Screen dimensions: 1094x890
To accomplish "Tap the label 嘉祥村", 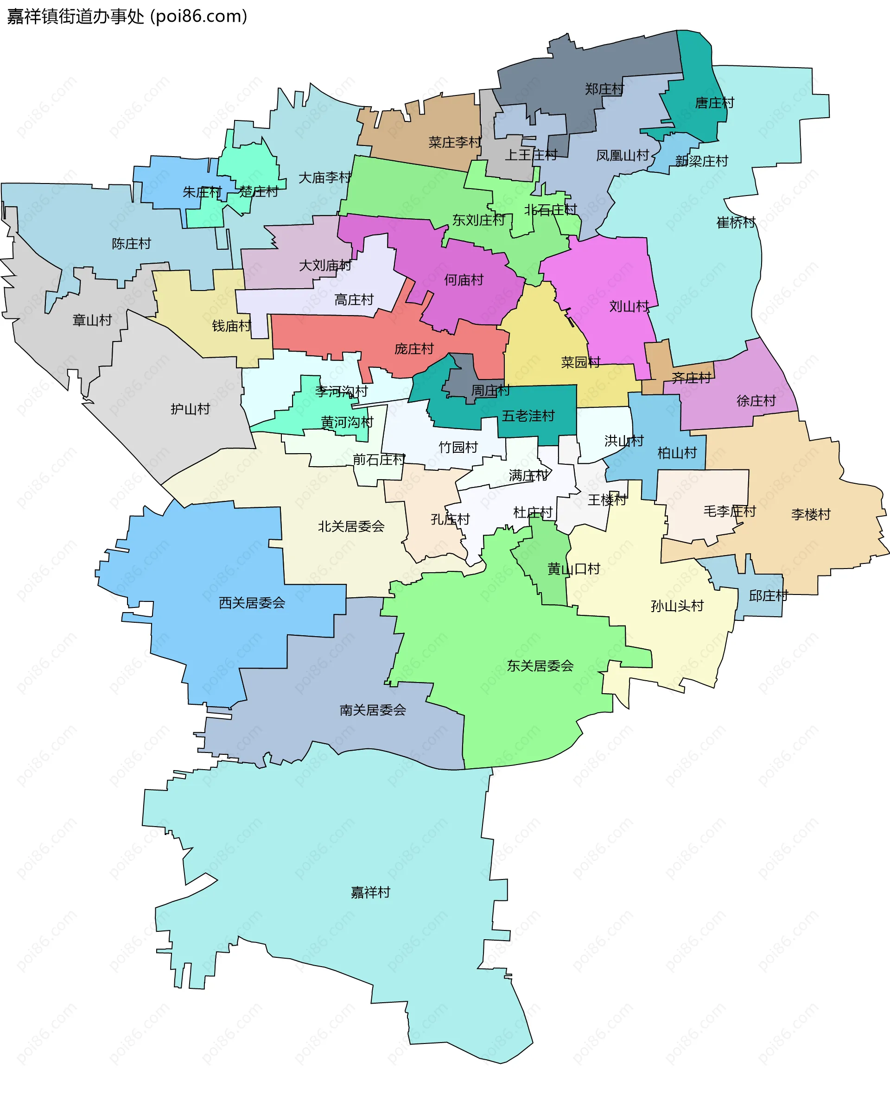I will click(370, 892).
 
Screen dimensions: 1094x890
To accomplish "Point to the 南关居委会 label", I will click(373, 710).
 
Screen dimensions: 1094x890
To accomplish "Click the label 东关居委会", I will click(540, 666).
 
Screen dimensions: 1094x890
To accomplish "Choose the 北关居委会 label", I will click(351, 526).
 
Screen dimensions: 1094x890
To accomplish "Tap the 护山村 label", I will click(190, 409).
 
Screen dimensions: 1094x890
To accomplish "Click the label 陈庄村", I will click(131, 243).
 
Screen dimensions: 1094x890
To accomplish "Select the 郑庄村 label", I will click(604, 89).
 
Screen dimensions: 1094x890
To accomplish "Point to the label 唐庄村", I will click(714, 103).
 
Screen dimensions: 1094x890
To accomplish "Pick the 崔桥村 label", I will click(736, 222).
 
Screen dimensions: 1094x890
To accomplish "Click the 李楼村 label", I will click(811, 514).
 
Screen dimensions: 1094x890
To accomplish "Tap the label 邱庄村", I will click(768, 595).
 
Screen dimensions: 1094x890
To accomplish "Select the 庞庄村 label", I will click(414, 349).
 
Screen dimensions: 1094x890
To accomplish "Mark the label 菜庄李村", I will click(455, 142).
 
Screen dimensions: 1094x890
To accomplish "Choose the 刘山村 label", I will click(629, 306).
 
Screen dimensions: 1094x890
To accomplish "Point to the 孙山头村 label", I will click(677, 606).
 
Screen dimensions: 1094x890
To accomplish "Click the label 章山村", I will click(92, 320).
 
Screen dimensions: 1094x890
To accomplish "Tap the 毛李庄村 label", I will click(729, 511).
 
